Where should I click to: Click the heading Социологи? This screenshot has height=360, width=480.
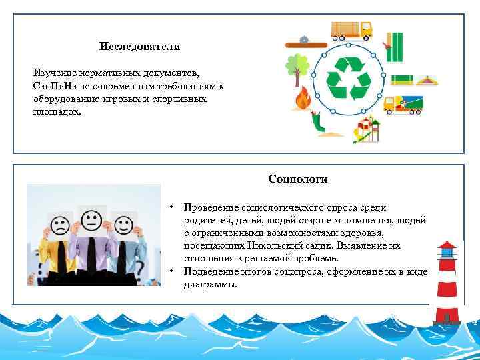tap(298, 179)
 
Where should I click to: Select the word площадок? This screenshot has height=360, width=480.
tap(57, 111)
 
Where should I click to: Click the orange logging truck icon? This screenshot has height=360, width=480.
tap(351, 29)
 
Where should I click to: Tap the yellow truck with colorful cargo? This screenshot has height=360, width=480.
tap(403, 105)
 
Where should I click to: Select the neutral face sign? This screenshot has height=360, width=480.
tap(90, 219)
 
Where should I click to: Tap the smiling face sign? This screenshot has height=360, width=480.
tap(123, 225)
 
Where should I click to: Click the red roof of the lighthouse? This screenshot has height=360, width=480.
tap(447, 245)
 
